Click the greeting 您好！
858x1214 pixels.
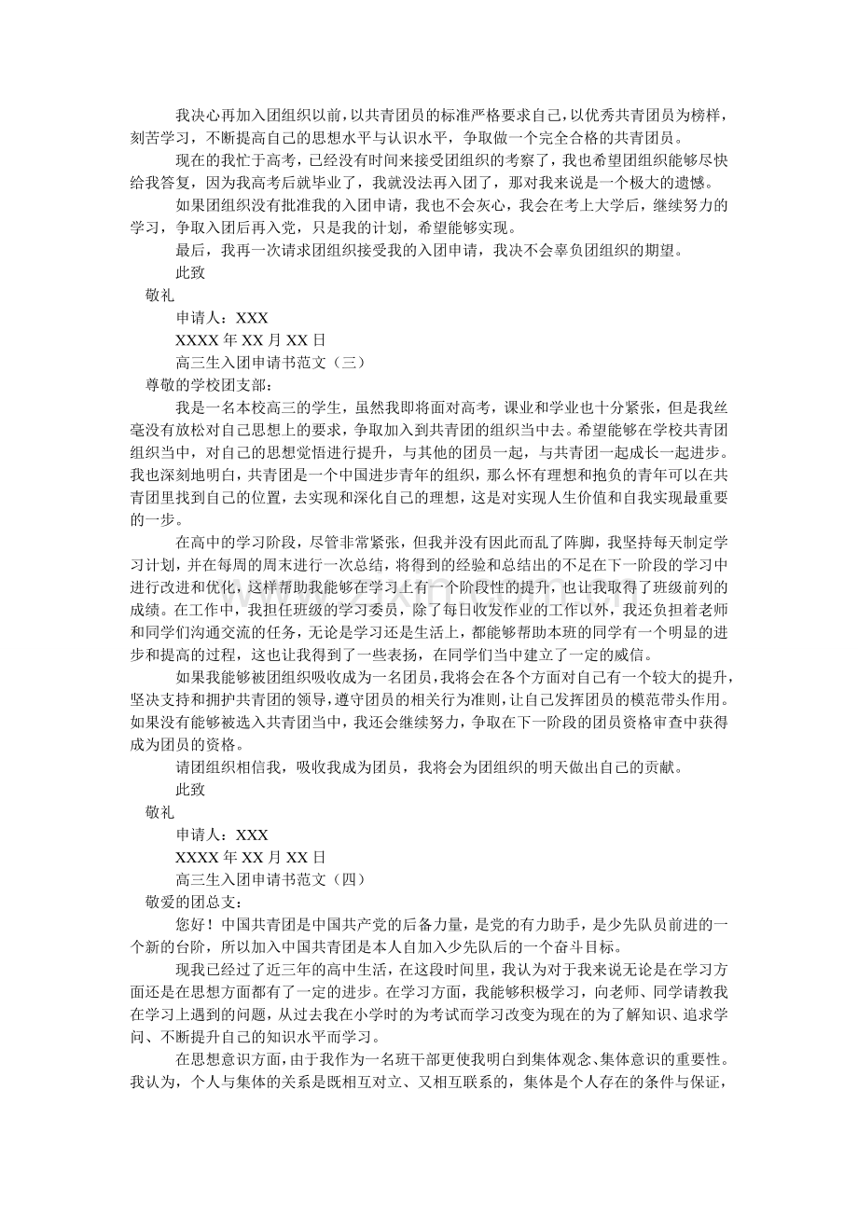pyautogui.click(x=196, y=924)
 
